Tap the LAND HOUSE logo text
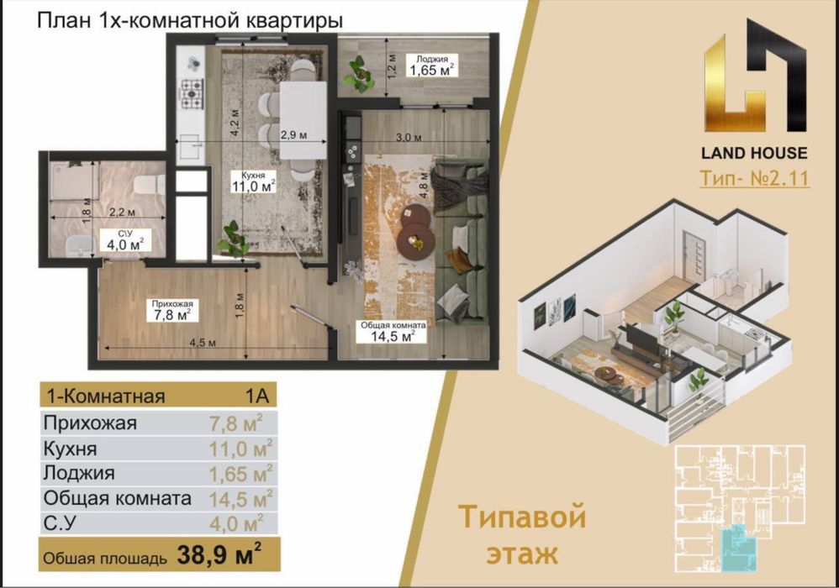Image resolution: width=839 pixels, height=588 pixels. (754, 153)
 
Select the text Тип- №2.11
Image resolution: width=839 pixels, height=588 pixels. (754, 179)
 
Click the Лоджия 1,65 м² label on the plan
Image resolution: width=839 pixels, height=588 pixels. (431, 67)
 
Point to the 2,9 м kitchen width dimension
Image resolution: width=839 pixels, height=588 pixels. (293, 135)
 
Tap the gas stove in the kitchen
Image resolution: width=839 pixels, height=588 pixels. (192, 95)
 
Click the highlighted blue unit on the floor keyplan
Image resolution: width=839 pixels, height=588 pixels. (742, 543)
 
